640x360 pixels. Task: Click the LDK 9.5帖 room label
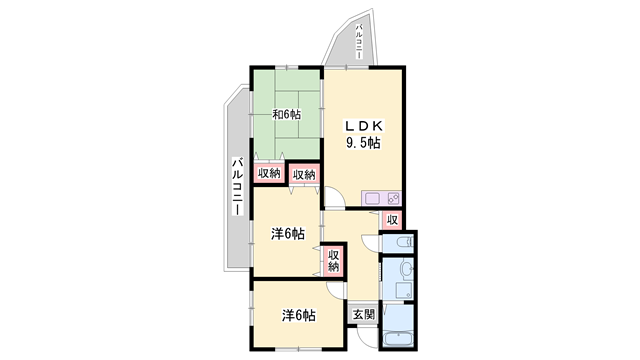pyautogui.click(x=362, y=134)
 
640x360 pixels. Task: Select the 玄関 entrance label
pyautogui.click(x=363, y=314)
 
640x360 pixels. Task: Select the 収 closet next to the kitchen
pyautogui.click(x=393, y=220)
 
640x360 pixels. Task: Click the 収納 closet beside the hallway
pyautogui.click(x=334, y=261)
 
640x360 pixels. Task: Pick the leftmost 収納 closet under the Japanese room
pyautogui.click(x=268, y=174)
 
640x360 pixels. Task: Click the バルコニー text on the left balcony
pyautogui.click(x=237, y=184)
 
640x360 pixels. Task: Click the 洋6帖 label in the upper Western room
pyautogui.click(x=288, y=234)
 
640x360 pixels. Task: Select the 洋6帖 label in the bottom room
pyautogui.click(x=298, y=316)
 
